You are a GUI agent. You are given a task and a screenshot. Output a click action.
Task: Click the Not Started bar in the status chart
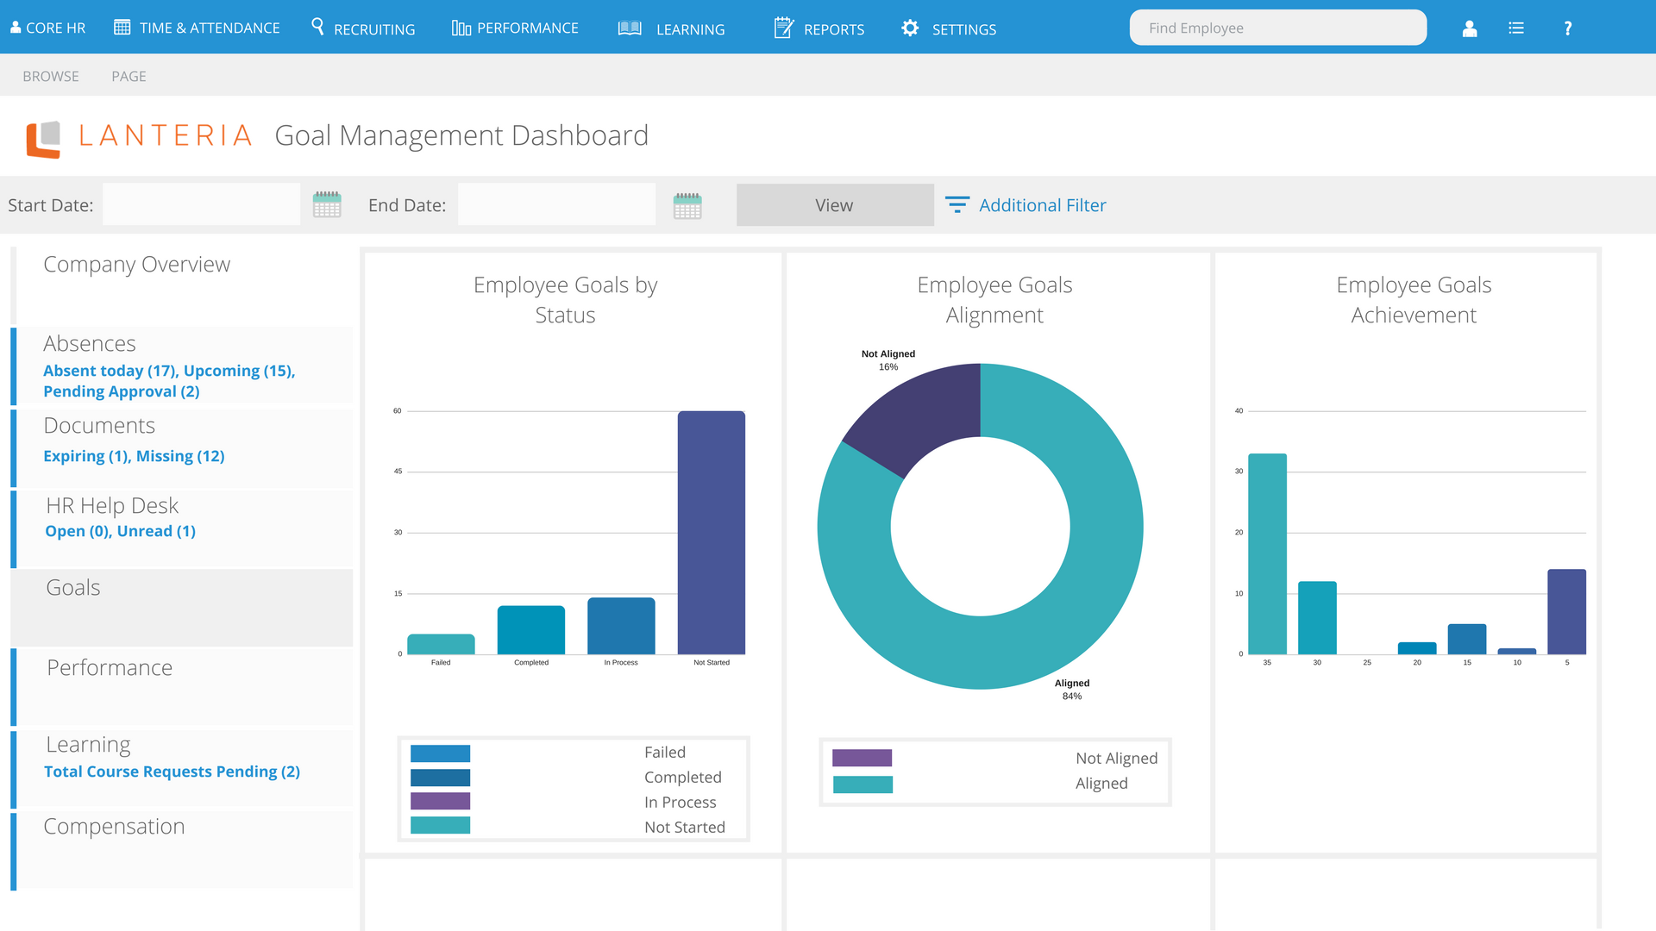click(712, 533)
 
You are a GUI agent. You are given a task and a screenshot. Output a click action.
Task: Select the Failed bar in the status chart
click(441, 644)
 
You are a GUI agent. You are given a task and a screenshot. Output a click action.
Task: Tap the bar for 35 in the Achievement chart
click(1267, 554)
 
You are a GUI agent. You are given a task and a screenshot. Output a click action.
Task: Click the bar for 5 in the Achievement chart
click(1566, 612)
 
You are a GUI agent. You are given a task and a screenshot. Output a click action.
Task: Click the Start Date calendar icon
click(327, 205)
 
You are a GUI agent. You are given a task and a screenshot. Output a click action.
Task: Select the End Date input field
click(556, 205)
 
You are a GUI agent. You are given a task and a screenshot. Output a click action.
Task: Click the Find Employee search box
click(1277, 28)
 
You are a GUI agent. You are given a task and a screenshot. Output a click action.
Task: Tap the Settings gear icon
click(910, 28)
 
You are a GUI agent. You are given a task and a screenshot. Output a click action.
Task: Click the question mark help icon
click(1568, 28)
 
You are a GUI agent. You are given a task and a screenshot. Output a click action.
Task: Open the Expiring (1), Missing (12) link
click(134, 456)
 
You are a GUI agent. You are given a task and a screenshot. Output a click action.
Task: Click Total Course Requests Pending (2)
click(172, 772)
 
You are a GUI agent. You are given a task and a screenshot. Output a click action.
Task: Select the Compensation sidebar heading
click(114, 826)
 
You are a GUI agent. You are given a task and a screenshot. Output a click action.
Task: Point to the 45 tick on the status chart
click(398, 472)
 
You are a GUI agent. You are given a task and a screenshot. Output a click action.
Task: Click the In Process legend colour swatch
click(440, 801)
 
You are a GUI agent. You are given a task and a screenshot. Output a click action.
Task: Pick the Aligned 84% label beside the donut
click(1072, 690)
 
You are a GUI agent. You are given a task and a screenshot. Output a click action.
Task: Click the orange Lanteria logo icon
click(43, 140)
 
